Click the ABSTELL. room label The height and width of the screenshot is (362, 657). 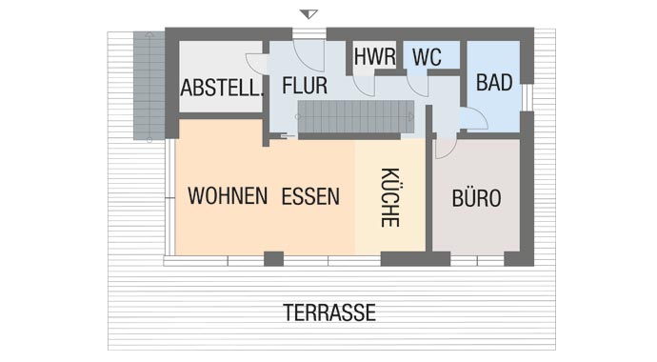tap(222, 90)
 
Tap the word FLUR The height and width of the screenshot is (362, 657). tap(305, 85)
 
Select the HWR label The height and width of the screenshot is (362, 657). tap(374, 56)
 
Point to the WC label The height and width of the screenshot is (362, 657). tap(427, 56)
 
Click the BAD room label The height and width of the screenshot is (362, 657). tap(494, 83)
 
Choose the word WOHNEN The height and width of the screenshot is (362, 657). tap(227, 197)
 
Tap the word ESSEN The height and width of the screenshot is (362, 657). tap(310, 197)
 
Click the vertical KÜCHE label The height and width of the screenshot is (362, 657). tap(389, 197)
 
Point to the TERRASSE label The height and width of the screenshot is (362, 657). tap(329, 312)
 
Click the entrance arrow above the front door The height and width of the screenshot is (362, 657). tap(307, 13)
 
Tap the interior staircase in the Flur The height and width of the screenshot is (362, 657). tap(355, 119)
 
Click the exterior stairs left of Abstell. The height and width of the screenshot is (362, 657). tap(149, 86)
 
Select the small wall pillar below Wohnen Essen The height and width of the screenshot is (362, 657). tap(273, 257)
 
